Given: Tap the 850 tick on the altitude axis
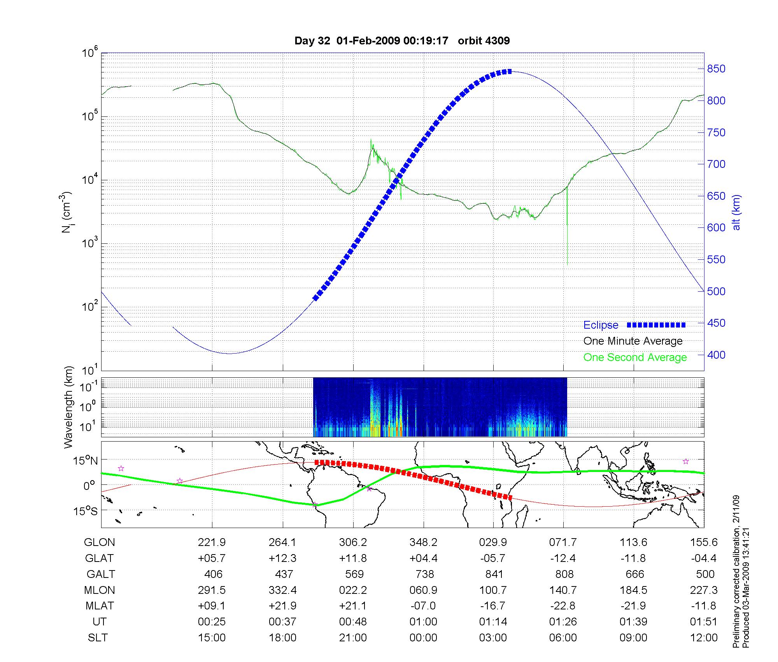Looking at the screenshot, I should click(716, 69).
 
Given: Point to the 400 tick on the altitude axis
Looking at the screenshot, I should click(716, 355).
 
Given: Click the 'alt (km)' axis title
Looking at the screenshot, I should click(736, 212).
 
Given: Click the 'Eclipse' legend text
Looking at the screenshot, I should click(601, 325).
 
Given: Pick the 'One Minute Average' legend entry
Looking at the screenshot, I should click(633, 341).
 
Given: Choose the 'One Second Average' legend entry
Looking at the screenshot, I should click(635, 357).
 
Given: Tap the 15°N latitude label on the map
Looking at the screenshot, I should click(86, 461).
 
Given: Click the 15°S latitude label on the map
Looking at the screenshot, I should click(86, 511).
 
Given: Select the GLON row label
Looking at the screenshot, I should click(99, 542).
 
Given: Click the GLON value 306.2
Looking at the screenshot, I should click(353, 542).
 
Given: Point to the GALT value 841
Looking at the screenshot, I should click(494, 574).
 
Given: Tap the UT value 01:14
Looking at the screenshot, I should click(493, 622).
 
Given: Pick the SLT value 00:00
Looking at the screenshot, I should click(423, 638).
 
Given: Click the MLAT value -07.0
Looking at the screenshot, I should click(423, 606).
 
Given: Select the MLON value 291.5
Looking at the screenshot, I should click(212, 590).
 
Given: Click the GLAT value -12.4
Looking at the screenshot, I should click(563, 558).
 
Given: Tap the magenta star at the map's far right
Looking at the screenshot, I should click(686, 461).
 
